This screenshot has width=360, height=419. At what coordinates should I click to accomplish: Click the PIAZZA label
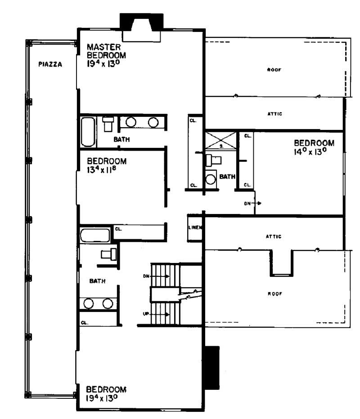pos(49,64)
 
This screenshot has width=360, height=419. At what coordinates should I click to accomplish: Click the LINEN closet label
pos(195,227)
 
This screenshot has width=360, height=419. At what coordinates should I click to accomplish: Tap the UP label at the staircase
pos(146,313)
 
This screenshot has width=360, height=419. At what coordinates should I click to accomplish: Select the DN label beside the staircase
pos(146,276)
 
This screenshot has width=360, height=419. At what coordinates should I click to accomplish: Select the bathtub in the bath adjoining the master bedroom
pos(88,131)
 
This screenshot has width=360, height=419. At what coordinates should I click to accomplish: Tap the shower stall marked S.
pos(220,139)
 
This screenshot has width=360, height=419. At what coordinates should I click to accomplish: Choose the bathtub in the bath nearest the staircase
pos(95,236)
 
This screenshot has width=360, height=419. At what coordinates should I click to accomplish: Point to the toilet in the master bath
pos(108,123)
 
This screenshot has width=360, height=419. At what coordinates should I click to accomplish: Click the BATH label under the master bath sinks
pos(121,140)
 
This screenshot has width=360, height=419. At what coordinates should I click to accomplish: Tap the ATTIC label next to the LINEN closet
pos(274,236)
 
